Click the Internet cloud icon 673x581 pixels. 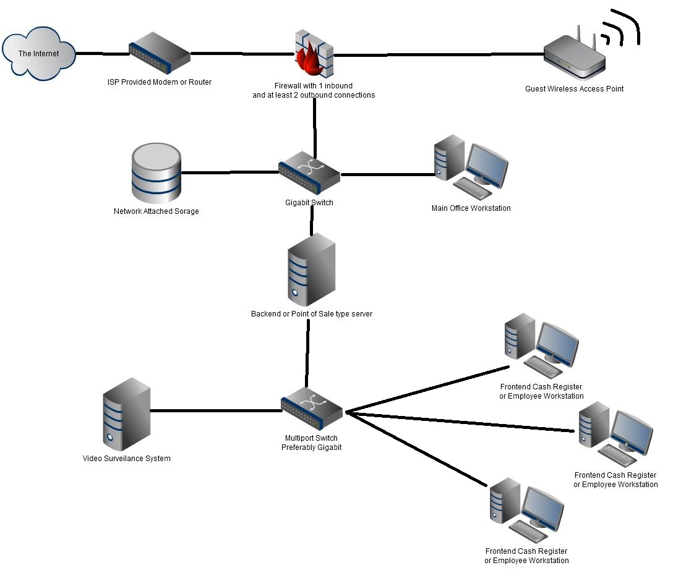point(38,53)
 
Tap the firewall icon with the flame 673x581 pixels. point(313,53)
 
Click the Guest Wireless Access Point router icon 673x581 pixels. point(575,57)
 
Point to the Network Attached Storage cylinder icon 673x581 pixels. point(156,174)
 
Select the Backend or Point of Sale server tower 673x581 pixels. point(311,273)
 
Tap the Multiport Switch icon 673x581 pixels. point(311,409)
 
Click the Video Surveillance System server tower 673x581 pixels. point(126,414)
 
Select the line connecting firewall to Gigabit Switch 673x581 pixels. point(315,127)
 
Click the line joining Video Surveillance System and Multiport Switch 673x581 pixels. point(213,410)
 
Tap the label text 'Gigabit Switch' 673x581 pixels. point(309,203)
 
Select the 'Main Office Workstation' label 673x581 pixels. point(471,208)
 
